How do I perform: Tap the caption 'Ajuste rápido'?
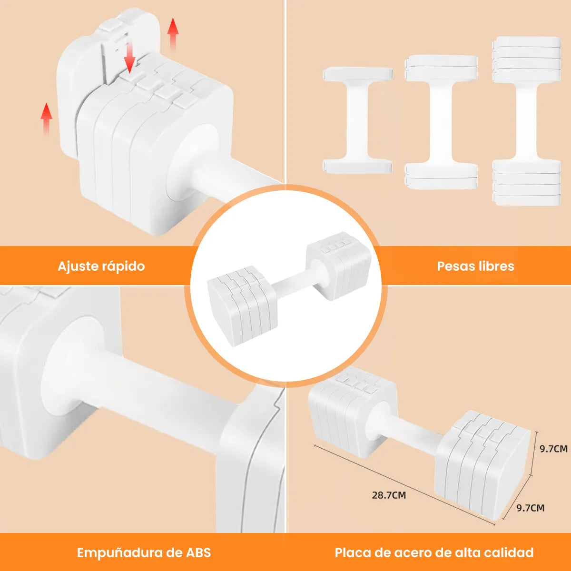(101, 266)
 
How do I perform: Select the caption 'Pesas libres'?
(475, 266)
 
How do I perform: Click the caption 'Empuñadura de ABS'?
(144, 552)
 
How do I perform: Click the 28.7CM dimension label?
(389, 495)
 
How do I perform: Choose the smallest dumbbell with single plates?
(357, 120)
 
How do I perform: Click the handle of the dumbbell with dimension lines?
(404, 428)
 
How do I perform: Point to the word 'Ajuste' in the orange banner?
(78, 266)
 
